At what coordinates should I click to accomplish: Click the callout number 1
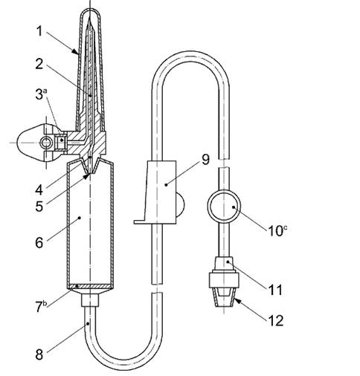click(39, 31)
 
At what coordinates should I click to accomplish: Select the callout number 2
click(39, 64)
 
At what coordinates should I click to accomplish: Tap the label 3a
click(41, 94)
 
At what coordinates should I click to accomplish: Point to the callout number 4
click(39, 190)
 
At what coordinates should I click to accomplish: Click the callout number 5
click(39, 207)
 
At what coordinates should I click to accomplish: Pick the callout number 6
click(39, 242)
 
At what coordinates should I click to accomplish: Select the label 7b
click(40, 306)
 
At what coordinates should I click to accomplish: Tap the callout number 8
click(39, 354)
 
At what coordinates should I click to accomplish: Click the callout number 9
click(205, 159)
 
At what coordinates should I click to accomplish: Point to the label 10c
click(277, 230)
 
